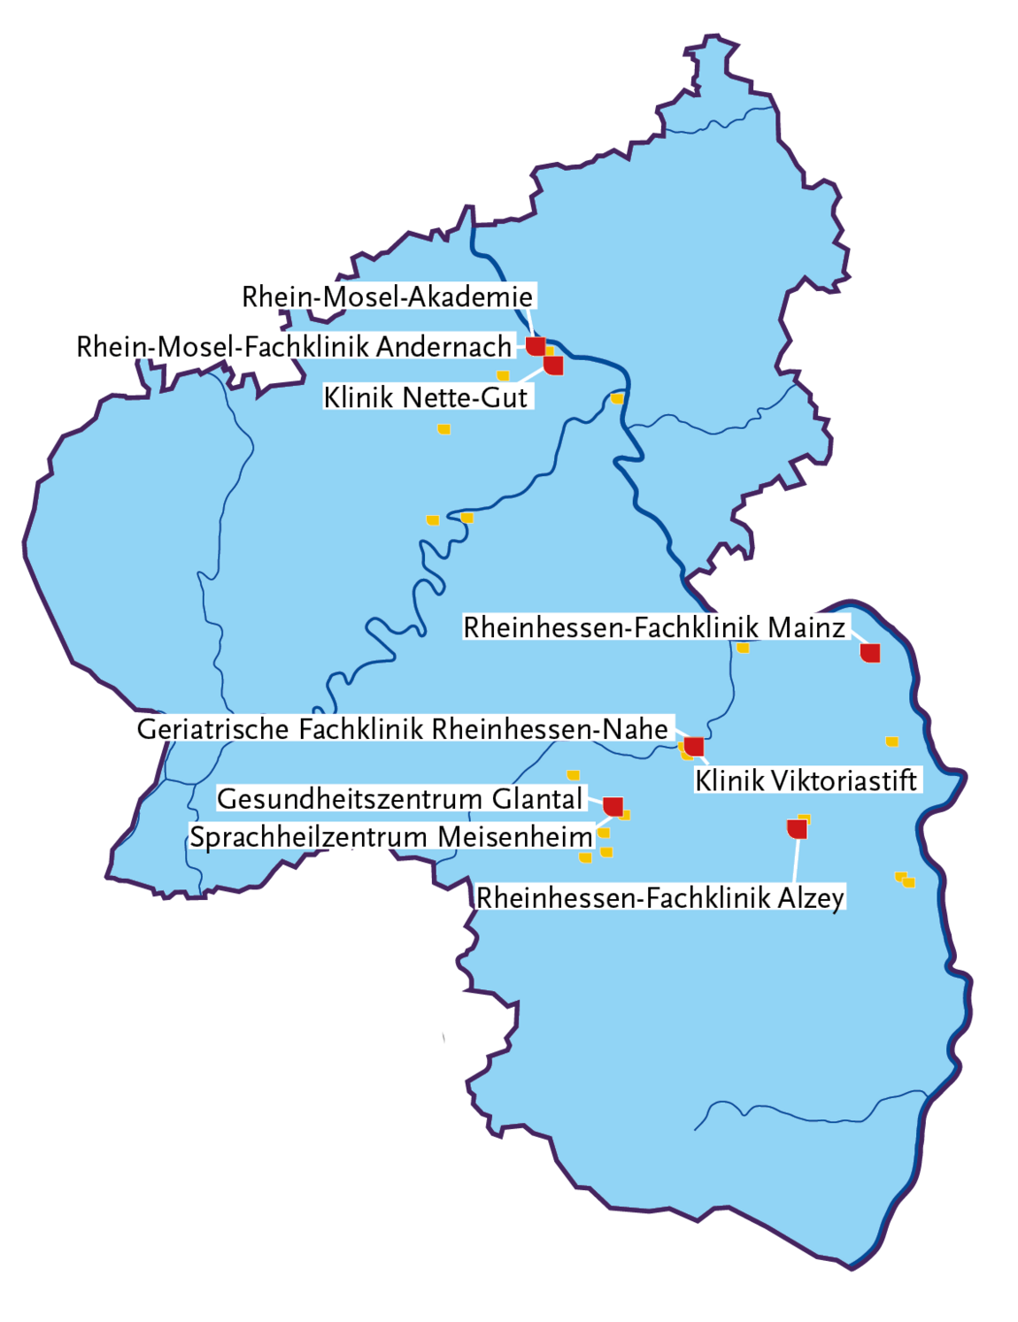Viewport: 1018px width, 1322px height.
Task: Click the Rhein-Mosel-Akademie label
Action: tap(387, 296)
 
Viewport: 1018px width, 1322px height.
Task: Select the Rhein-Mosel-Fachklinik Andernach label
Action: tap(293, 346)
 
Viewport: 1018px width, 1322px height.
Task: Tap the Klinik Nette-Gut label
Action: tap(426, 397)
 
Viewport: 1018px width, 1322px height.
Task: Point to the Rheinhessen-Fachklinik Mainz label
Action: tap(654, 627)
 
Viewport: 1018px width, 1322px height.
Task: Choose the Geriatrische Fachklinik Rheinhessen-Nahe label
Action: tap(403, 729)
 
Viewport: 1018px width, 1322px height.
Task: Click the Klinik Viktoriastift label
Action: tap(806, 780)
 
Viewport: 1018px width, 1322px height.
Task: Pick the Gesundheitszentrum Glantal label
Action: tap(400, 799)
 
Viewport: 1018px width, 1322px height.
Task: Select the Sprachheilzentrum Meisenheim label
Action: tap(391, 837)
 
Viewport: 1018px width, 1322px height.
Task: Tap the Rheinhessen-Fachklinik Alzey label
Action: tap(660, 898)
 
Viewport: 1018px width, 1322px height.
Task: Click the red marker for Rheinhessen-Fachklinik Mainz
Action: tap(870, 653)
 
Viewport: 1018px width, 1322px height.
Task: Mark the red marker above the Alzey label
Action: tap(797, 829)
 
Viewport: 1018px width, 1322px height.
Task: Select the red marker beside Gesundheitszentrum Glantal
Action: tap(613, 806)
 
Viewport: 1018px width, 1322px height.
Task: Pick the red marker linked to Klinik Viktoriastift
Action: tap(694, 746)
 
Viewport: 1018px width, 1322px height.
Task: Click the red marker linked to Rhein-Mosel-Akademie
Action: tap(536, 345)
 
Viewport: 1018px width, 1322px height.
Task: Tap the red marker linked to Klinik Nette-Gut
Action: tap(553, 365)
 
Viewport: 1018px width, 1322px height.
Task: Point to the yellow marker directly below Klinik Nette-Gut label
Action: tap(443, 429)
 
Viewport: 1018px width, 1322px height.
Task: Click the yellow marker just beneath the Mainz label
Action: tap(743, 648)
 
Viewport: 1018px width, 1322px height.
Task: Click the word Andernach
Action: tap(444, 346)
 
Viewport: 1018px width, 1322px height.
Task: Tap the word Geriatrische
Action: tap(213, 729)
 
